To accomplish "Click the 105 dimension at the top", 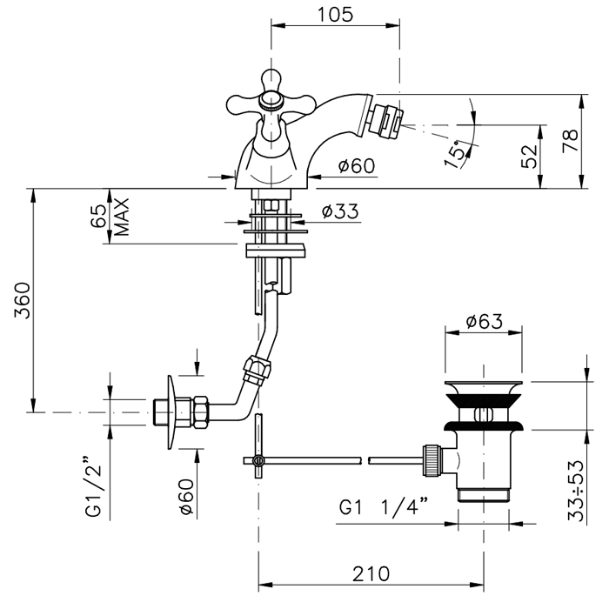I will [334, 15].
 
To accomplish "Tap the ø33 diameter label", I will [339, 211].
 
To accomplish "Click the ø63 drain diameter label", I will [484, 322].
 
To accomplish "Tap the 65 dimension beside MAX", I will [98, 217].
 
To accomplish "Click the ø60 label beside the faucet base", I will [357, 166].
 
